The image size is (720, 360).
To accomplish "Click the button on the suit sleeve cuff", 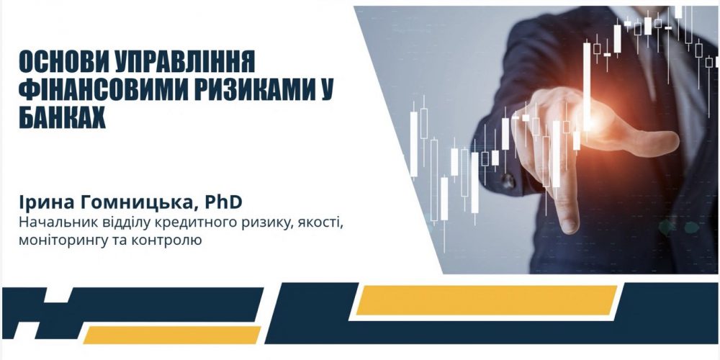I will pos(508,181).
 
